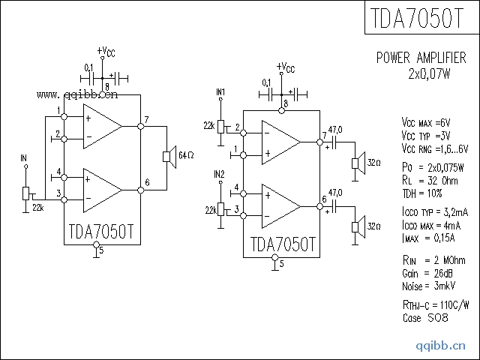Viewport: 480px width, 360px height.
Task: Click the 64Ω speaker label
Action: (187, 155)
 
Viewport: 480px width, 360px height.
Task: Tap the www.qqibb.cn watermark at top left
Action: (76, 95)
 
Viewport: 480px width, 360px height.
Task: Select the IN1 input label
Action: (220, 91)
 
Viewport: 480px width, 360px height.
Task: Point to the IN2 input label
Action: (220, 174)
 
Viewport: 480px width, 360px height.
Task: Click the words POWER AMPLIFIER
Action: (421, 58)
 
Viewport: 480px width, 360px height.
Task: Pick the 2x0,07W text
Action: (429, 73)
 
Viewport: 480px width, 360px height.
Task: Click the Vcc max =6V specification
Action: (426, 122)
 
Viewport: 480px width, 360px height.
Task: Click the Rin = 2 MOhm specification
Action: (433, 259)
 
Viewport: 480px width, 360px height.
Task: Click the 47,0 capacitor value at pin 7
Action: (335, 130)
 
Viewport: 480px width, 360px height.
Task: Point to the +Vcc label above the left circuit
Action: (106, 51)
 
